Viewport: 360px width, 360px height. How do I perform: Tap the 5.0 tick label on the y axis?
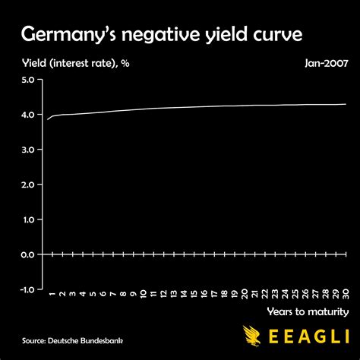tap(27, 80)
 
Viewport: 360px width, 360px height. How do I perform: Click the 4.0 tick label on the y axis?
tap(27, 115)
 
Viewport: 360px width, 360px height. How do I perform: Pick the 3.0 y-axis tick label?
tap(27, 150)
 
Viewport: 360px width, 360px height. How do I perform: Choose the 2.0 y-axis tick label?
tap(27, 185)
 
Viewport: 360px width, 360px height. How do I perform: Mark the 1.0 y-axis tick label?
tap(27, 219)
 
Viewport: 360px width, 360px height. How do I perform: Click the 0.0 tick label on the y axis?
tap(27, 254)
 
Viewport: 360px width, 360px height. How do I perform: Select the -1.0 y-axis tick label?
tap(26, 289)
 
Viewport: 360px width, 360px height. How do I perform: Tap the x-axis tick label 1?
tap(52, 292)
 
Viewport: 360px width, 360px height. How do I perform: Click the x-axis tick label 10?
tap(144, 294)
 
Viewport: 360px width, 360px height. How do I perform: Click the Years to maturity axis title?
tap(308, 311)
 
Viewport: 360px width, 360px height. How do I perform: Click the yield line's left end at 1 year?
tap(47, 119)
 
